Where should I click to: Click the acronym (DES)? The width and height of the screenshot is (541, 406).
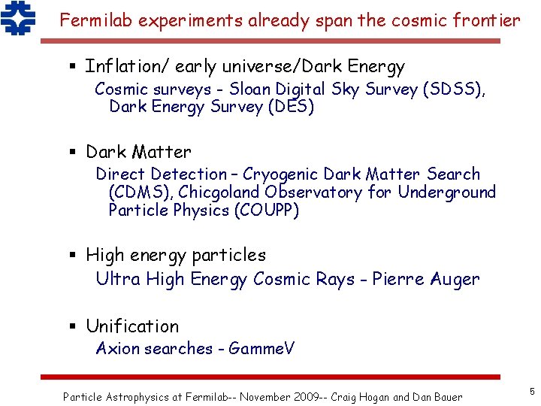click(x=291, y=107)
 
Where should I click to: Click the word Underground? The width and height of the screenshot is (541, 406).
click(x=447, y=192)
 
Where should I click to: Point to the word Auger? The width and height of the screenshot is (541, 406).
click(x=455, y=280)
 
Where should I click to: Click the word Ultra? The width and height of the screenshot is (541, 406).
click(x=118, y=280)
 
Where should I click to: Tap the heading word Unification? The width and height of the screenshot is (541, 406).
click(x=132, y=326)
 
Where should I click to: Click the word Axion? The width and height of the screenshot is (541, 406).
click(x=117, y=349)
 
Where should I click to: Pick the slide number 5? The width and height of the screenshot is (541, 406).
click(x=531, y=391)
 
